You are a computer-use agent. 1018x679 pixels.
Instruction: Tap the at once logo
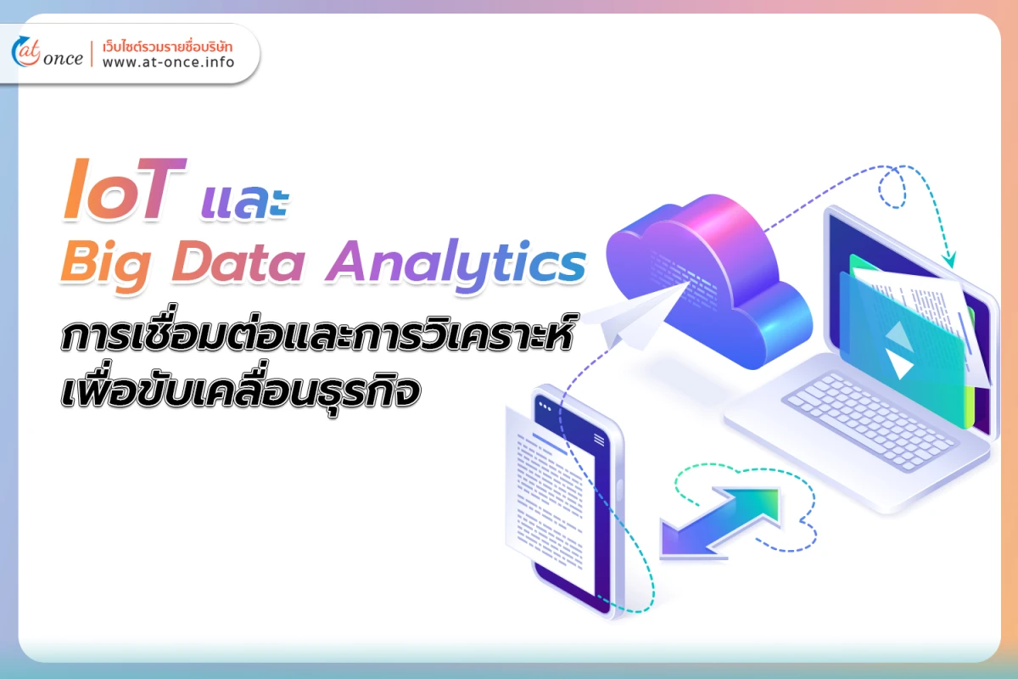pyautogui.click(x=48, y=53)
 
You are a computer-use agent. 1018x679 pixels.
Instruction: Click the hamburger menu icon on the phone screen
pyautogui.click(x=599, y=439)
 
